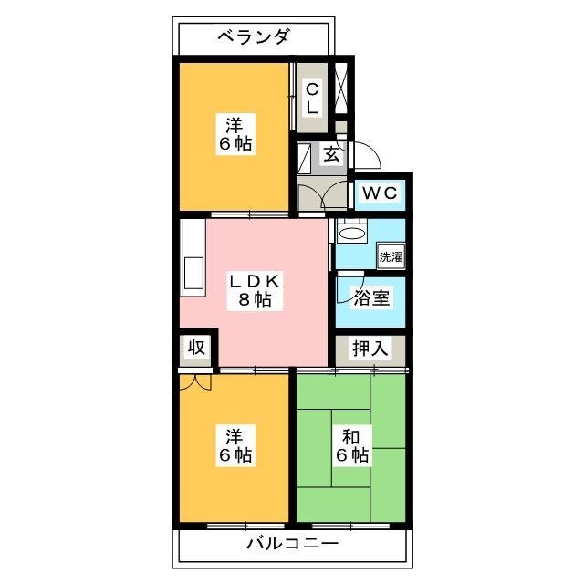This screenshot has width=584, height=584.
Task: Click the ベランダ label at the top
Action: (254, 37)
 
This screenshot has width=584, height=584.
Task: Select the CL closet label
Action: (312, 98)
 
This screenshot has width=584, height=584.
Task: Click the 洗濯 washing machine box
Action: (391, 256)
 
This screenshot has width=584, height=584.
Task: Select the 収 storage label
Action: (195, 348)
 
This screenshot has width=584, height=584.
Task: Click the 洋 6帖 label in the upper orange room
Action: (235, 134)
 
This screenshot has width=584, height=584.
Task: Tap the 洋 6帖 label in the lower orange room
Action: (235, 443)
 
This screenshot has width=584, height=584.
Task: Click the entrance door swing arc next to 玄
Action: (362, 154)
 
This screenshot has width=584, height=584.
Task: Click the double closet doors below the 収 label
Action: (196, 381)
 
